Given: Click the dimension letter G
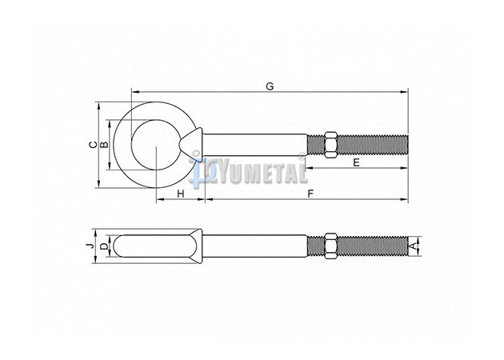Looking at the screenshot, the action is coord(270,86).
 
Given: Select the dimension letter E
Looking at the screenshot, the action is coord(356,162).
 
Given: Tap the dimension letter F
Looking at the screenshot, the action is coord(310,194).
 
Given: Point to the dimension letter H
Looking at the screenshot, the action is coord(181,194).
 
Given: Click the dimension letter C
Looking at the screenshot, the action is coord(93,145).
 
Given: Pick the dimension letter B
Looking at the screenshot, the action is coord(104,145).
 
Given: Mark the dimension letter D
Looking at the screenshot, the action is coord(103,246).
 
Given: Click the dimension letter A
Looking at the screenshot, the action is coord(414,246).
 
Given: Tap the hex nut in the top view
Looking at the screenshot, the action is coord(330,144).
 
